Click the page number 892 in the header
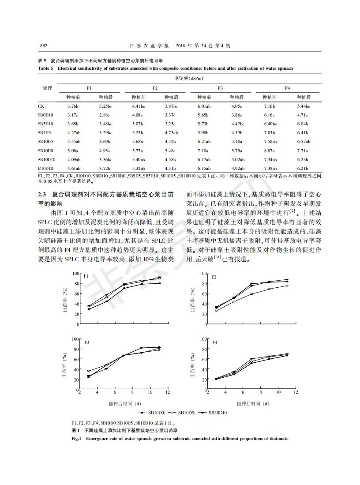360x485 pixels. coord(43,45)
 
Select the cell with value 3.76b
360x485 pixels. coord(73,106)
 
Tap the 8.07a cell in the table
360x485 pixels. coord(270,150)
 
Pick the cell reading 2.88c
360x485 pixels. coord(105,115)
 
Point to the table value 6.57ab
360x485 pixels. coord(304,141)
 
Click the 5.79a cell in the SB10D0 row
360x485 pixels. coord(237,150)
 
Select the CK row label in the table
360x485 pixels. coord(41,106)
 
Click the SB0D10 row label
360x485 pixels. coord(45,115)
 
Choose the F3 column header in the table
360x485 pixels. coord(220,88)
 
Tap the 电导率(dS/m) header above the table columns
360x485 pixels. coord(188,78)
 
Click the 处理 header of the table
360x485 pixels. coord(47,88)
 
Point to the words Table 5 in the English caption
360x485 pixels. coord(45,68)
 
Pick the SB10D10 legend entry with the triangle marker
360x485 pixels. coord(225,413)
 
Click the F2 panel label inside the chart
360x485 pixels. coord(214,277)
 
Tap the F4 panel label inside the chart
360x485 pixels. coord(215,342)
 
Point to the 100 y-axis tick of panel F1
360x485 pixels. coord(76,274)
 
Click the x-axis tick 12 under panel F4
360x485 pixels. coord(296,392)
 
